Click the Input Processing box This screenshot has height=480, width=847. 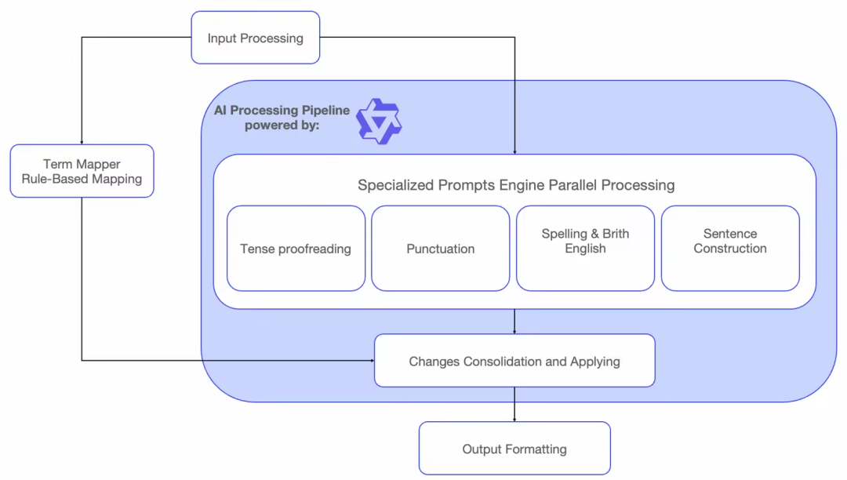pyautogui.click(x=255, y=38)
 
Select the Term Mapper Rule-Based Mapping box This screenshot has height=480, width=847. pyautogui.click(x=82, y=171)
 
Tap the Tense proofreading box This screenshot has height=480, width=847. pyautogui.click(x=296, y=249)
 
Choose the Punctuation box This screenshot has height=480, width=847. pyautogui.click(x=440, y=249)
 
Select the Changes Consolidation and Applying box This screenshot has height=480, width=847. pyautogui.click(x=514, y=361)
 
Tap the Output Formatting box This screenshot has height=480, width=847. pyautogui.click(x=514, y=449)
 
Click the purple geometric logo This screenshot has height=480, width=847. pyautogui.click(x=379, y=122)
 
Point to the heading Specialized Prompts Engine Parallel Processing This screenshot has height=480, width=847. pyautogui.click(x=516, y=185)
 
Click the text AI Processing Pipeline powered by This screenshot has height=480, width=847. pyautogui.click(x=282, y=117)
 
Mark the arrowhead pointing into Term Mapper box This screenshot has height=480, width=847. pyautogui.click(x=82, y=141)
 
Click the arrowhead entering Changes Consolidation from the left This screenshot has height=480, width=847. pyautogui.click(x=371, y=361)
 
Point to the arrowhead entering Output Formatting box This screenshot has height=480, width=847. pyautogui.click(x=514, y=419)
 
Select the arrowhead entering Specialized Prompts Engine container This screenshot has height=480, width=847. pyautogui.click(x=514, y=151)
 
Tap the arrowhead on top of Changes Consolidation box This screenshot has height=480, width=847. pyautogui.click(x=514, y=331)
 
